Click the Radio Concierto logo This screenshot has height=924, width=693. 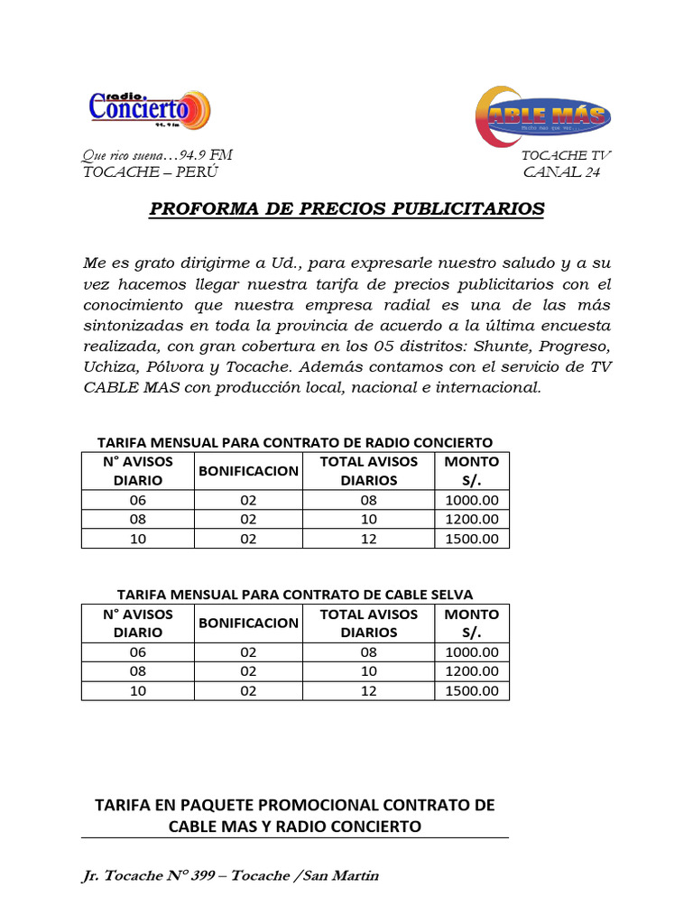pos(149,109)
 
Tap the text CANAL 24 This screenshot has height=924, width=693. pos(561,172)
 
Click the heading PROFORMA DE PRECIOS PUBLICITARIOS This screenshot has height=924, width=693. pos(346,209)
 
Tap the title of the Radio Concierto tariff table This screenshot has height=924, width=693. pos(295,442)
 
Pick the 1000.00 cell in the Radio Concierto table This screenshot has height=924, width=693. pos(471,500)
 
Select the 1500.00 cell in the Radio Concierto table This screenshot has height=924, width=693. pos(471,539)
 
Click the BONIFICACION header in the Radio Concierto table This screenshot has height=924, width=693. pos(248,470)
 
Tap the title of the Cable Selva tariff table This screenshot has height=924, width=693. pos(295,594)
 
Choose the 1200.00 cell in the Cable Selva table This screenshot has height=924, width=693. pos(471,671)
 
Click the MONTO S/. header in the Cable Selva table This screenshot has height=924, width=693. pos(471,623)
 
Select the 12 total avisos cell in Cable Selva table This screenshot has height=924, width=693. pos(368,691)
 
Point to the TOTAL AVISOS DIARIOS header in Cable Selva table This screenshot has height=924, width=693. pos(368,623)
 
